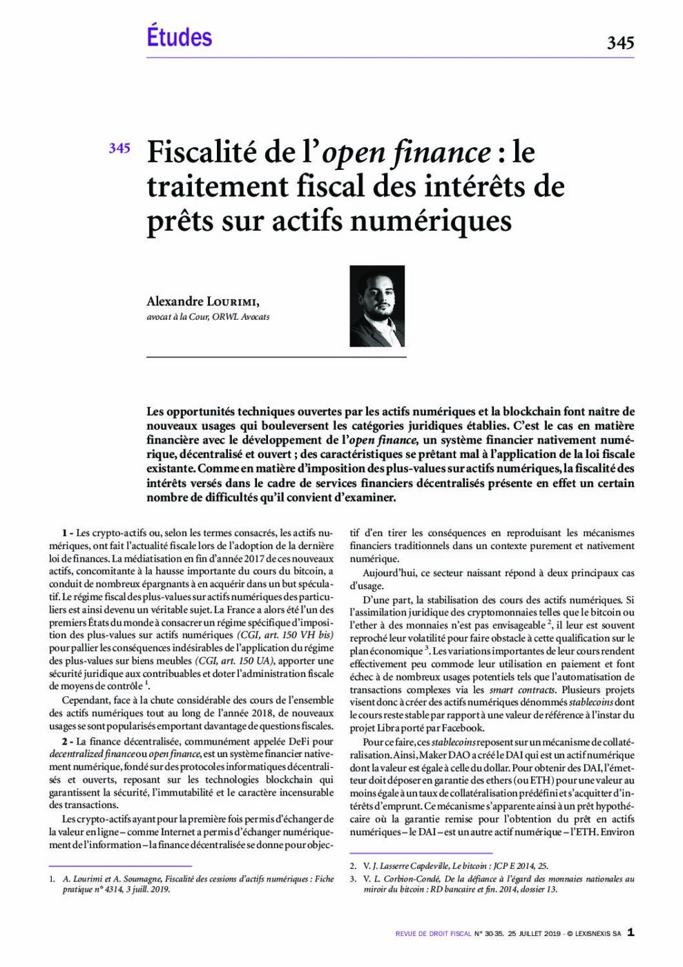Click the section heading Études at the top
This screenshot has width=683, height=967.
179,37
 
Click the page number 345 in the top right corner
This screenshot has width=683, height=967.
619,43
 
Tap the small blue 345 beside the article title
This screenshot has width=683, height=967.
119,148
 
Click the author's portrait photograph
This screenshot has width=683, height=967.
377,307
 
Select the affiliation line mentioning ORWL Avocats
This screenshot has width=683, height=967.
208,317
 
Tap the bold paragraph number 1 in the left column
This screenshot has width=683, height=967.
66,533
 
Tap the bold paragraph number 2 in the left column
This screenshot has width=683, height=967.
66,741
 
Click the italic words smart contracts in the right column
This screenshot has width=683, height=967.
522,690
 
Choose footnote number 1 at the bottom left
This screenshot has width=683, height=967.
52,879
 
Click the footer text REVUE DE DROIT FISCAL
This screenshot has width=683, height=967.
433,934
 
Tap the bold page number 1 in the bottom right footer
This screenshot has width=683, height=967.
630,932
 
